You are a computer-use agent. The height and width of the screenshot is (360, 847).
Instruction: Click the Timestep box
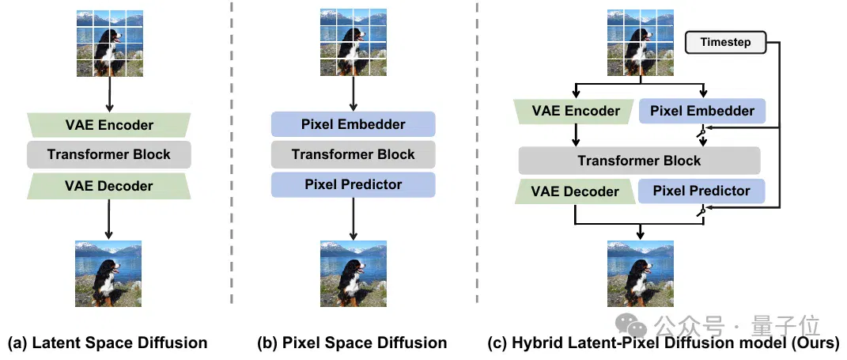click(x=725, y=42)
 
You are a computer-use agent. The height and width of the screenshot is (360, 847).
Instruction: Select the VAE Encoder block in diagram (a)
click(x=108, y=125)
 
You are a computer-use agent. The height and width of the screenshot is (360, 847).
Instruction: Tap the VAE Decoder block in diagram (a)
click(x=108, y=186)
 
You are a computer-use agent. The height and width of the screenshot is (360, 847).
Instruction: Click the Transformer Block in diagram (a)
click(x=108, y=154)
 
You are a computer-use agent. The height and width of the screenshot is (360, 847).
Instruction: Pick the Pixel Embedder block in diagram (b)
click(x=354, y=124)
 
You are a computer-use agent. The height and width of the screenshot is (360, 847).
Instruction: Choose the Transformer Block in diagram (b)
click(x=354, y=154)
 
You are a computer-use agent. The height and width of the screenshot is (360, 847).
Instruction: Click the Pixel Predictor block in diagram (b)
click(x=354, y=184)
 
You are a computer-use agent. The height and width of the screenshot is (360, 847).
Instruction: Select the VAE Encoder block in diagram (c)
click(x=576, y=112)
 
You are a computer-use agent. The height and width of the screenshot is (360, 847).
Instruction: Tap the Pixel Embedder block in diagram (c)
click(x=702, y=112)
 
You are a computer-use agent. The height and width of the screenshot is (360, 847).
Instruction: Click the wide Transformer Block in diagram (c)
click(x=639, y=161)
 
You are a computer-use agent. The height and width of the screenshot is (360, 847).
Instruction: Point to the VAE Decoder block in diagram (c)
click(x=576, y=191)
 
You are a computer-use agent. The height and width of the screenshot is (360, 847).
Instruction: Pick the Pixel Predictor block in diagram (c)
click(x=701, y=191)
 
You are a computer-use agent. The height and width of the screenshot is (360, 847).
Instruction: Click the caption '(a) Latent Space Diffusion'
click(x=108, y=343)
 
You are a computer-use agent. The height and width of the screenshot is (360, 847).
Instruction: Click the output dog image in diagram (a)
click(x=108, y=274)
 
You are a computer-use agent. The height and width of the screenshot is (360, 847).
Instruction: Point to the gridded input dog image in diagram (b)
click(x=354, y=42)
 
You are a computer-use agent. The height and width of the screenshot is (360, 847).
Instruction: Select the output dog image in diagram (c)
click(x=641, y=274)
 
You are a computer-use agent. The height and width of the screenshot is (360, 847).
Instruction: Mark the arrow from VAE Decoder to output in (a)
click(x=108, y=219)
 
